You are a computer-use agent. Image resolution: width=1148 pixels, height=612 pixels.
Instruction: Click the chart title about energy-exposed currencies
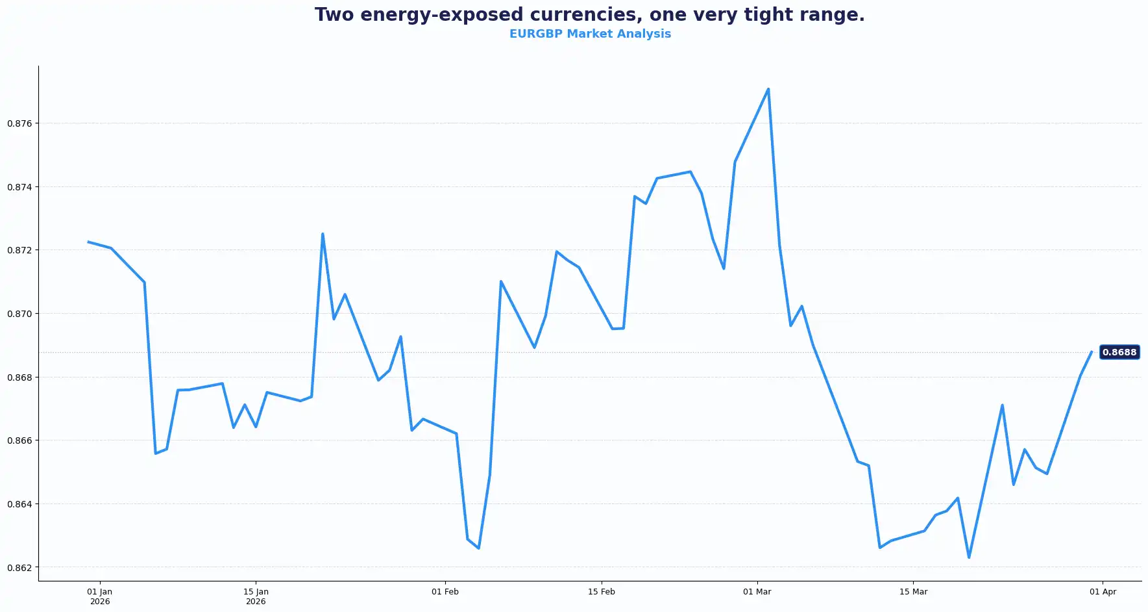[589, 15]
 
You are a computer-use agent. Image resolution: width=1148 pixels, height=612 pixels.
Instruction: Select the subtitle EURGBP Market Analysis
[589, 34]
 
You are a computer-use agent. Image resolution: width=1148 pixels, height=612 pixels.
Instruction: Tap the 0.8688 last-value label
[1119, 352]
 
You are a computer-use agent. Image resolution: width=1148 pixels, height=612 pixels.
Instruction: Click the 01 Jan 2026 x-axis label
[100, 596]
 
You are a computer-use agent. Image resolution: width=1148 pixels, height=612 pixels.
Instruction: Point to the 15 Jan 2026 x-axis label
[256, 596]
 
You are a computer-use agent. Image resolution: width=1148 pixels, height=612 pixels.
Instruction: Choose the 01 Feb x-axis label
[445, 592]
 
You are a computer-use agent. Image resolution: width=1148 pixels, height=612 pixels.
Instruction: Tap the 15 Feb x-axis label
[602, 592]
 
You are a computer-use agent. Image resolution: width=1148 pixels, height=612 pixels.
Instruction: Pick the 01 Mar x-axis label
[757, 592]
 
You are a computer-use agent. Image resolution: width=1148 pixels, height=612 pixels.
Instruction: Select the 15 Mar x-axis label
[913, 592]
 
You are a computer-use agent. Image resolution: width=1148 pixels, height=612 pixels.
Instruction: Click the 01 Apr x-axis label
[1103, 592]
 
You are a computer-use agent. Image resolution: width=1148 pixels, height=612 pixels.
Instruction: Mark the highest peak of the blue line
[768, 89]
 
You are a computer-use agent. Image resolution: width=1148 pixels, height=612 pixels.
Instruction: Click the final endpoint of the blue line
[1092, 352]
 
